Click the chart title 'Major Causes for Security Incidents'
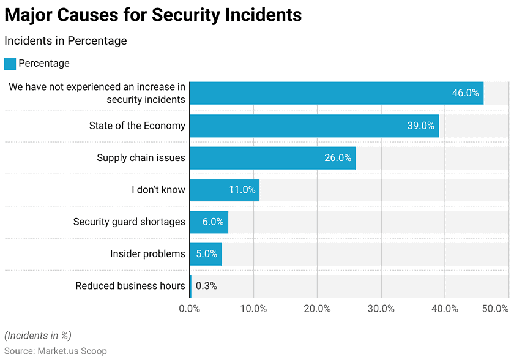(x=153, y=15)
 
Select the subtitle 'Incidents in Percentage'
(x=65, y=41)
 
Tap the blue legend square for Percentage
(x=10, y=64)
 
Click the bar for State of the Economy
(x=314, y=126)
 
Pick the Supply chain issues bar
(x=272, y=158)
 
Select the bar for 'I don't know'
(x=224, y=190)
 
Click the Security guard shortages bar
(x=209, y=222)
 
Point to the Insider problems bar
(x=206, y=253)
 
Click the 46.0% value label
(x=465, y=93)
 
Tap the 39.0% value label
(x=420, y=126)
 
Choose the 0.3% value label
(x=206, y=286)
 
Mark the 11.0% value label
(x=242, y=190)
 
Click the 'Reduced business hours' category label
(x=130, y=286)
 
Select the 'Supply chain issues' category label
(x=141, y=158)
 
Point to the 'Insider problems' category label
(x=147, y=253)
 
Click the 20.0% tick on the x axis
(x=317, y=309)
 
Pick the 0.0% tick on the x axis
(x=190, y=309)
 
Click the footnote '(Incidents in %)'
(x=38, y=336)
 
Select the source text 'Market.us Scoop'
(x=72, y=351)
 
